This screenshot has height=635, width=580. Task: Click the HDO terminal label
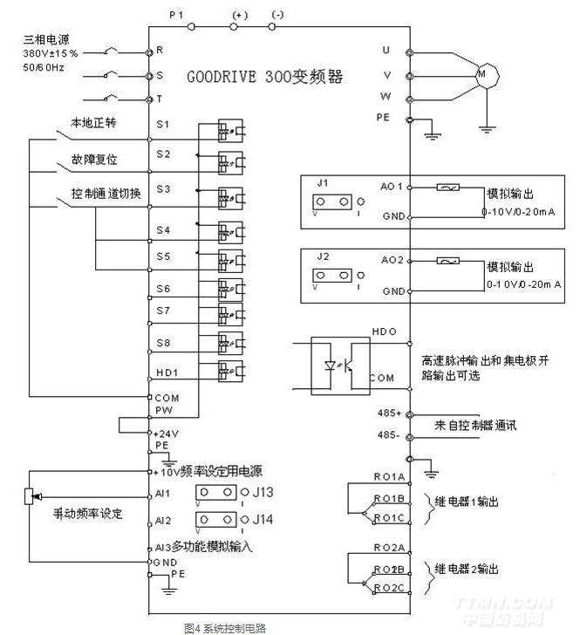tap(385, 332)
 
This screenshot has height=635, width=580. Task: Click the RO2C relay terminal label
tap(389, 589)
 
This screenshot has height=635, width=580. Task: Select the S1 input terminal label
tap(163, 124)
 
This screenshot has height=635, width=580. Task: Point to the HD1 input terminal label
tap(167, 372)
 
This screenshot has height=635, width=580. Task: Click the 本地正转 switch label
tap(93, 124)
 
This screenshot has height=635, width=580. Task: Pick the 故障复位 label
tap(94, 161)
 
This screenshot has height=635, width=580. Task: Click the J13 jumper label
tap(263, 493)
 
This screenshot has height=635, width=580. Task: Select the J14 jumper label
tap(263, 520)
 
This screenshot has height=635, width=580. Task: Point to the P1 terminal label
tap(177, 15)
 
